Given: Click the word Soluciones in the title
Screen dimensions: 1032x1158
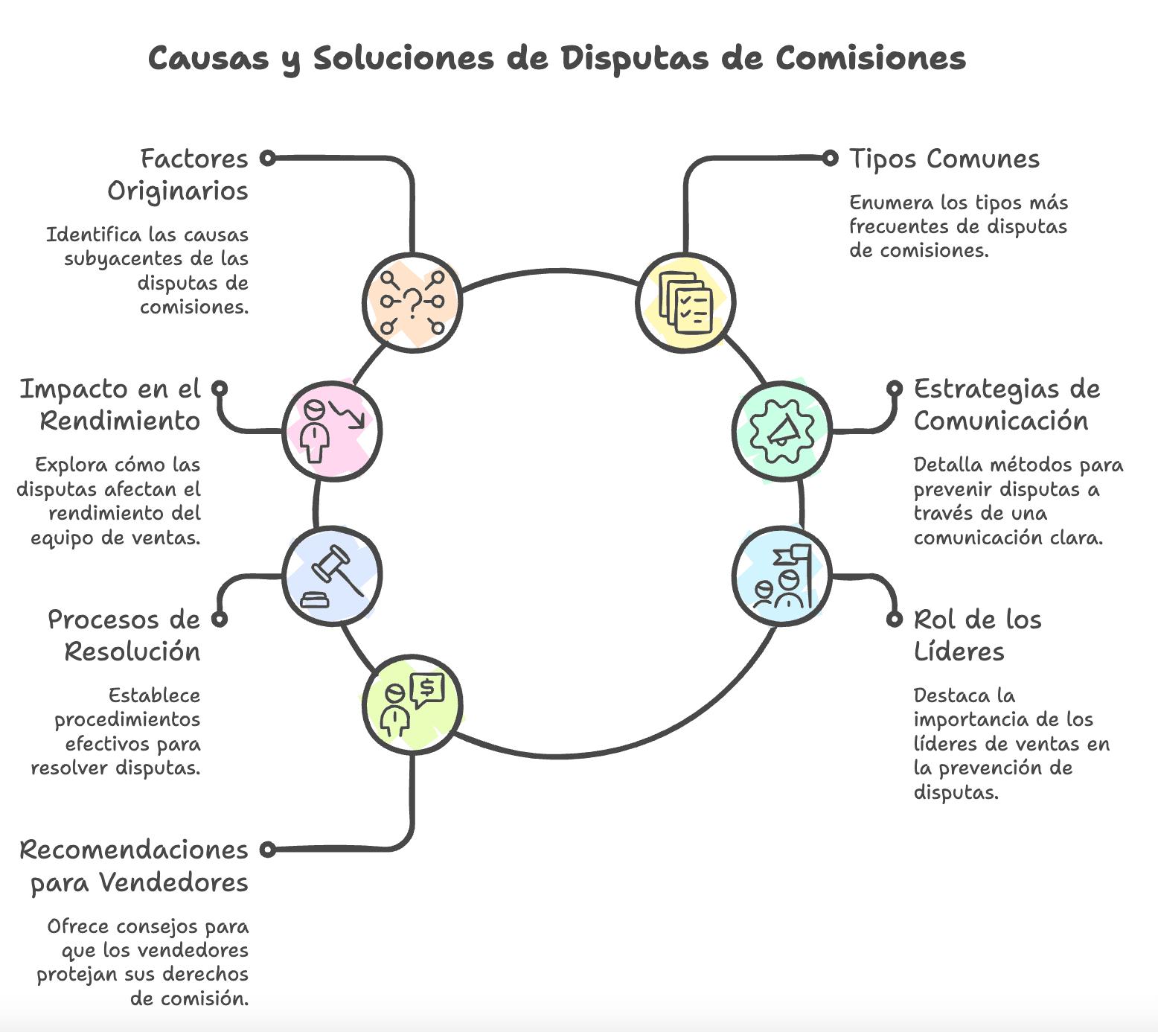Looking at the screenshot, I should (403, 59).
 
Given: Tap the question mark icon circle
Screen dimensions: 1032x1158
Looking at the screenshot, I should (412, 302).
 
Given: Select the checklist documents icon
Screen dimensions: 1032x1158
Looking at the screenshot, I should (685, 302).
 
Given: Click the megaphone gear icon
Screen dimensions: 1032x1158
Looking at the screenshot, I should (781, 431).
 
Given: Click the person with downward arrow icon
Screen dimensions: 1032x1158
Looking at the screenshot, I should (332, 431).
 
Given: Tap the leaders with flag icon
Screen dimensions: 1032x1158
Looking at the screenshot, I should (781, 576).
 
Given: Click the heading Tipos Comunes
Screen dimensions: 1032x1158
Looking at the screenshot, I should (944, 159).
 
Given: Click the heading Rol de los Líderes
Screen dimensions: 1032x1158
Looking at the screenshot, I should (976, 635).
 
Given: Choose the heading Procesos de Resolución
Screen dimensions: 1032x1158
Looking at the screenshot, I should (125, 635).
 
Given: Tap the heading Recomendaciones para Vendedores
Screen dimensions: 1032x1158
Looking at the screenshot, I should (135, 866).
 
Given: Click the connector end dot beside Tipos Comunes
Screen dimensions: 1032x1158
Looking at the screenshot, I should (830, 158).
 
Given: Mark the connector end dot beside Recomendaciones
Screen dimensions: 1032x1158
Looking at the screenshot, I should (268, 849).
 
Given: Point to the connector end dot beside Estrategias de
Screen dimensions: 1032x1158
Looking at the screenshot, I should (895, 389).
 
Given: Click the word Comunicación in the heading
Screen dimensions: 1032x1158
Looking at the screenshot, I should (1000, 421).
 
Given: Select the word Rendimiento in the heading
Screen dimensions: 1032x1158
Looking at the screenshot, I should (121, 421).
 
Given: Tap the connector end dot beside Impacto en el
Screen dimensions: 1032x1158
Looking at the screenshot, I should (219, 389).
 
